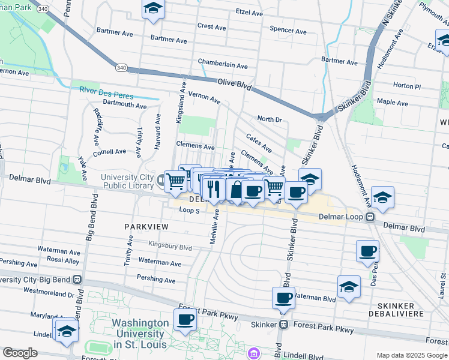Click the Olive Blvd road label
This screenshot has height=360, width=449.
pos(235,85)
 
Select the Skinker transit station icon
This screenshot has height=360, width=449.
pos(284,325)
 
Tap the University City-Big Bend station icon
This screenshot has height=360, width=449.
pos(77,280)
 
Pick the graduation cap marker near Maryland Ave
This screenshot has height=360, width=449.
pos(67,331)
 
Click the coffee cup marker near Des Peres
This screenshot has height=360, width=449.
pos(367,251)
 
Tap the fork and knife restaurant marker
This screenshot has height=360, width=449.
pos(214,188)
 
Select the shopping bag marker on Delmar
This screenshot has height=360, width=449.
pos(237,190)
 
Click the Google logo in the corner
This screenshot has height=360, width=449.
pos(20,353)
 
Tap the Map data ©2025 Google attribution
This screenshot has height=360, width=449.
pos(411,355)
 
